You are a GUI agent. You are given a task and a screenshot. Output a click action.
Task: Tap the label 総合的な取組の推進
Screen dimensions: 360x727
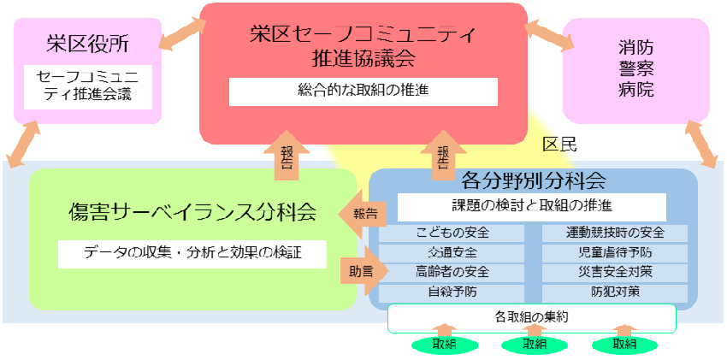click(363, 91)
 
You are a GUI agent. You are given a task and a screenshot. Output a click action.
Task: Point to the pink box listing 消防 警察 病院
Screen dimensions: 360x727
click(635, 68)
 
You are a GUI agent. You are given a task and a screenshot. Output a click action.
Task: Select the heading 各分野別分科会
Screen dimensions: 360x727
click(533, 180)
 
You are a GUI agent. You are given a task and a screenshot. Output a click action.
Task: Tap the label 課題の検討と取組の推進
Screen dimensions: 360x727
click(531, 206)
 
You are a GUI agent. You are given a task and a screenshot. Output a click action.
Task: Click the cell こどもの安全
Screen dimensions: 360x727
click(452, 233)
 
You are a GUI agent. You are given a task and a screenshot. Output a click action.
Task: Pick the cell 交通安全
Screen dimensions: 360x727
click(452, 252)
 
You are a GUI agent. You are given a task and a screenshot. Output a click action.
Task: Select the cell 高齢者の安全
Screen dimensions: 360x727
click(452, 273)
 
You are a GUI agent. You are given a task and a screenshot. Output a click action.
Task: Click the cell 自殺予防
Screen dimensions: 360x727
click(452, 292)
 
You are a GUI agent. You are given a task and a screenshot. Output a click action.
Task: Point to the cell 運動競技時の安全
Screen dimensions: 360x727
click(615, 233)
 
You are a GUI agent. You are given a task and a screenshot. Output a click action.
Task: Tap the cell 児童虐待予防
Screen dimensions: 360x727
click(615, 252)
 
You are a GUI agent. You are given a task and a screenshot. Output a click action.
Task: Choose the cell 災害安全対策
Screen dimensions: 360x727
click(615, 273)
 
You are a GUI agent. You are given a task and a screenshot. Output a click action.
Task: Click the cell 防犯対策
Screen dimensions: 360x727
click(615, 292)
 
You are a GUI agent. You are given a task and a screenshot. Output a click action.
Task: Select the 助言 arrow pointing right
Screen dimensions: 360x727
click(359, 270)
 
